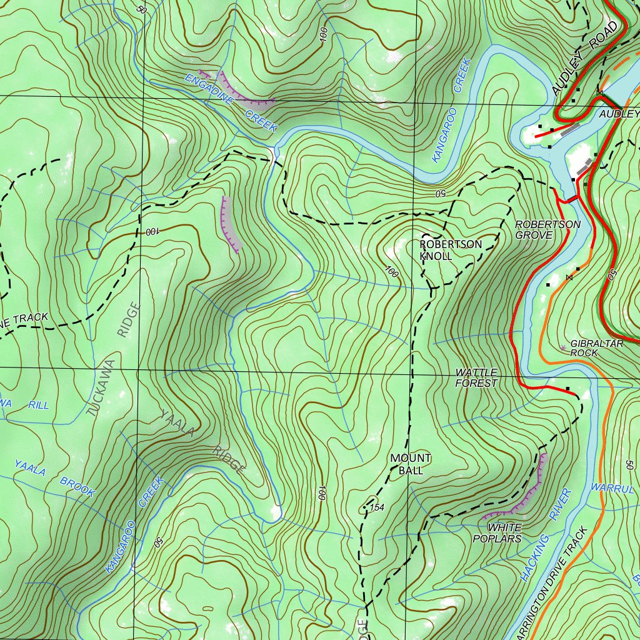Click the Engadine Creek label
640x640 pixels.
coord(231,102)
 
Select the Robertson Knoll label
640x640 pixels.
coord(451,250)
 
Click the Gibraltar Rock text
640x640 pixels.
coord(596,348)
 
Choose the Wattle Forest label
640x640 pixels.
coord(476,378)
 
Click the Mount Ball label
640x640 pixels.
coord(411,464)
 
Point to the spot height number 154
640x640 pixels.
coord(377,507)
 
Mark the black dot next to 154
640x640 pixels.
coord(365,507)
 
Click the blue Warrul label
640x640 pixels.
coord(612,487)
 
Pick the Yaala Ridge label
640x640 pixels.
coord(201,441)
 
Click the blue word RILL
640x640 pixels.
coord(39,405)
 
